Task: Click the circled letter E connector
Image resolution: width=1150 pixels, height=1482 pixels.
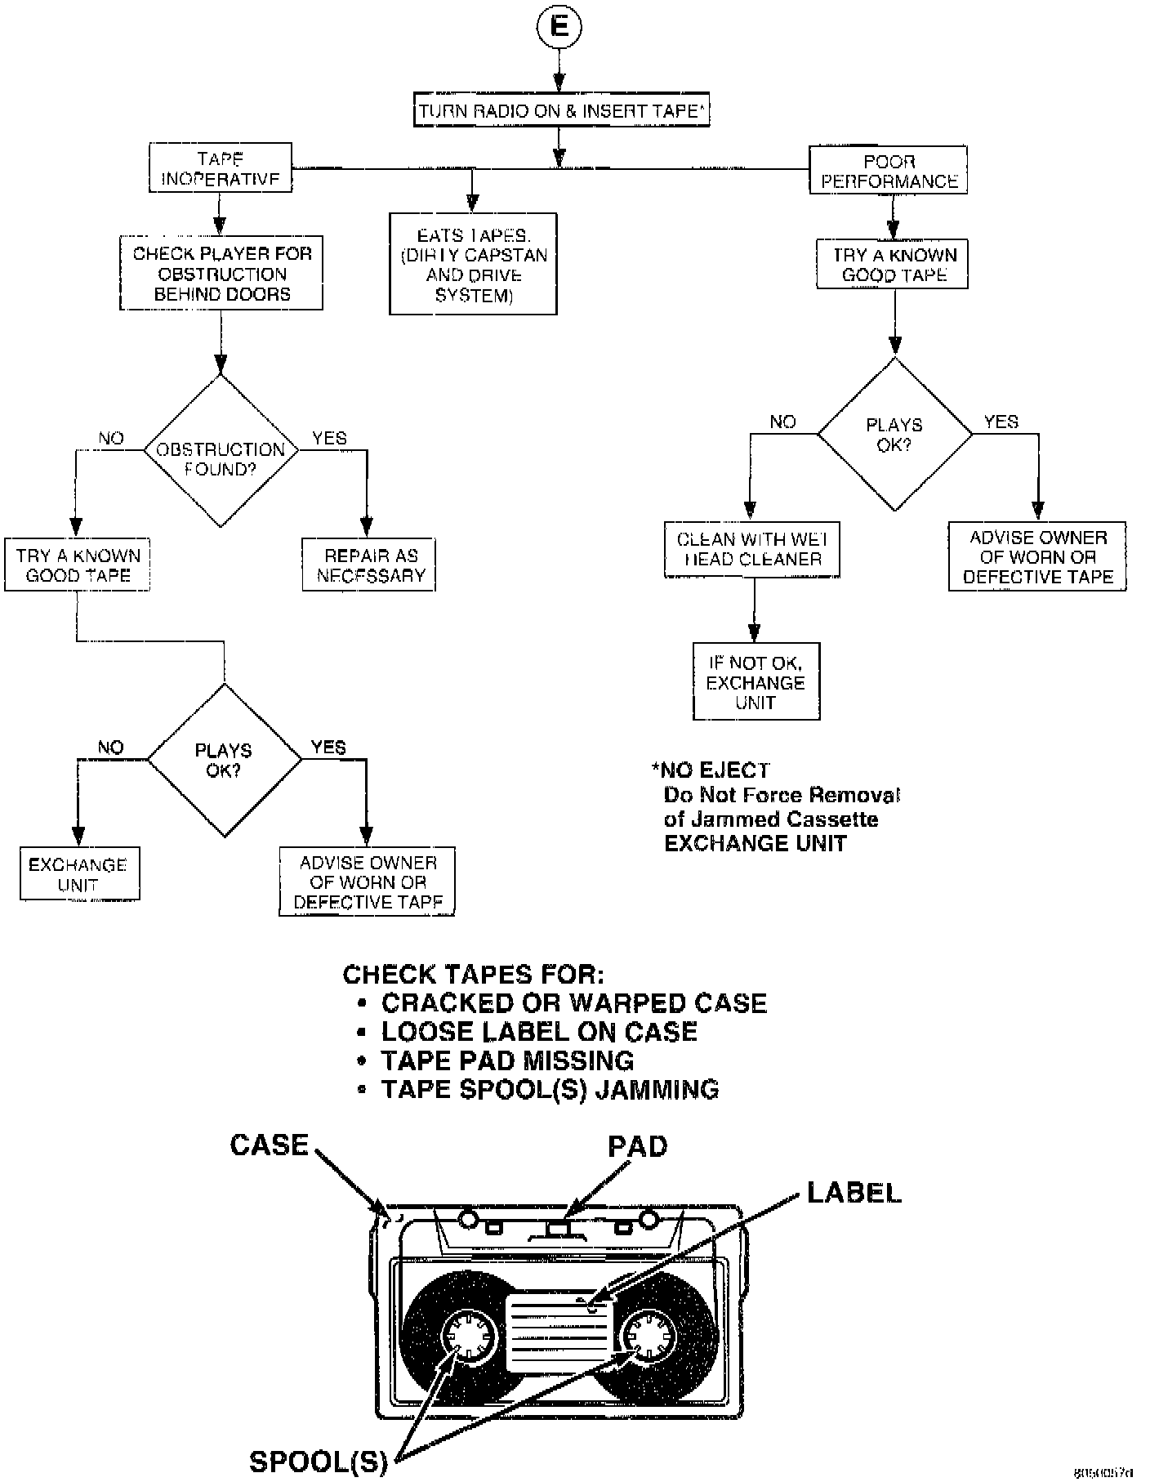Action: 559,26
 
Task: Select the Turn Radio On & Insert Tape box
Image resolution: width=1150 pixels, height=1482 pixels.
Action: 561,111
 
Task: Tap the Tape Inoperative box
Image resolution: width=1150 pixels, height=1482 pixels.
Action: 221,168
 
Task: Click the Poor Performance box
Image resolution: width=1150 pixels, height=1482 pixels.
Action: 889,171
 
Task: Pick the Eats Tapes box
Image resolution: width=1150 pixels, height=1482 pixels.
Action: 473,264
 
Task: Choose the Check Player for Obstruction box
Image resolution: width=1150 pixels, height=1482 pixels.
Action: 221,274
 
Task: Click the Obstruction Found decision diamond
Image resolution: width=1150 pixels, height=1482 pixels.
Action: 221,451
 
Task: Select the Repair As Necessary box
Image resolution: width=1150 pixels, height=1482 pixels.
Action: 369,565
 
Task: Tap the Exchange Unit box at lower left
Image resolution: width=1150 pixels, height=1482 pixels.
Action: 79,874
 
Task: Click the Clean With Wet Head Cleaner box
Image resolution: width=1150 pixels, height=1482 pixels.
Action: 752,550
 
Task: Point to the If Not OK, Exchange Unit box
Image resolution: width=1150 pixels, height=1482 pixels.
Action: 756,682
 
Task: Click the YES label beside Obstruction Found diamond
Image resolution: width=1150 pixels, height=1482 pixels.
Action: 329,439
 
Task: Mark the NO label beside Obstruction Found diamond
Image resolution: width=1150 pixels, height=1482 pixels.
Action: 111,439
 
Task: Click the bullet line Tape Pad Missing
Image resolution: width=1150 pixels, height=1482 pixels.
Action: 506,1060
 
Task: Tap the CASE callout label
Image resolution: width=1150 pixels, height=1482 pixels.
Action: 270,1145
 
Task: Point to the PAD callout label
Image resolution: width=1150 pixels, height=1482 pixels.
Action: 637,1147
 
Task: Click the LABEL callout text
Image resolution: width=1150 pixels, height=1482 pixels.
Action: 854,1193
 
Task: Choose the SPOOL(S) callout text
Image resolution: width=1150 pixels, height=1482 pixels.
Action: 319,1461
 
